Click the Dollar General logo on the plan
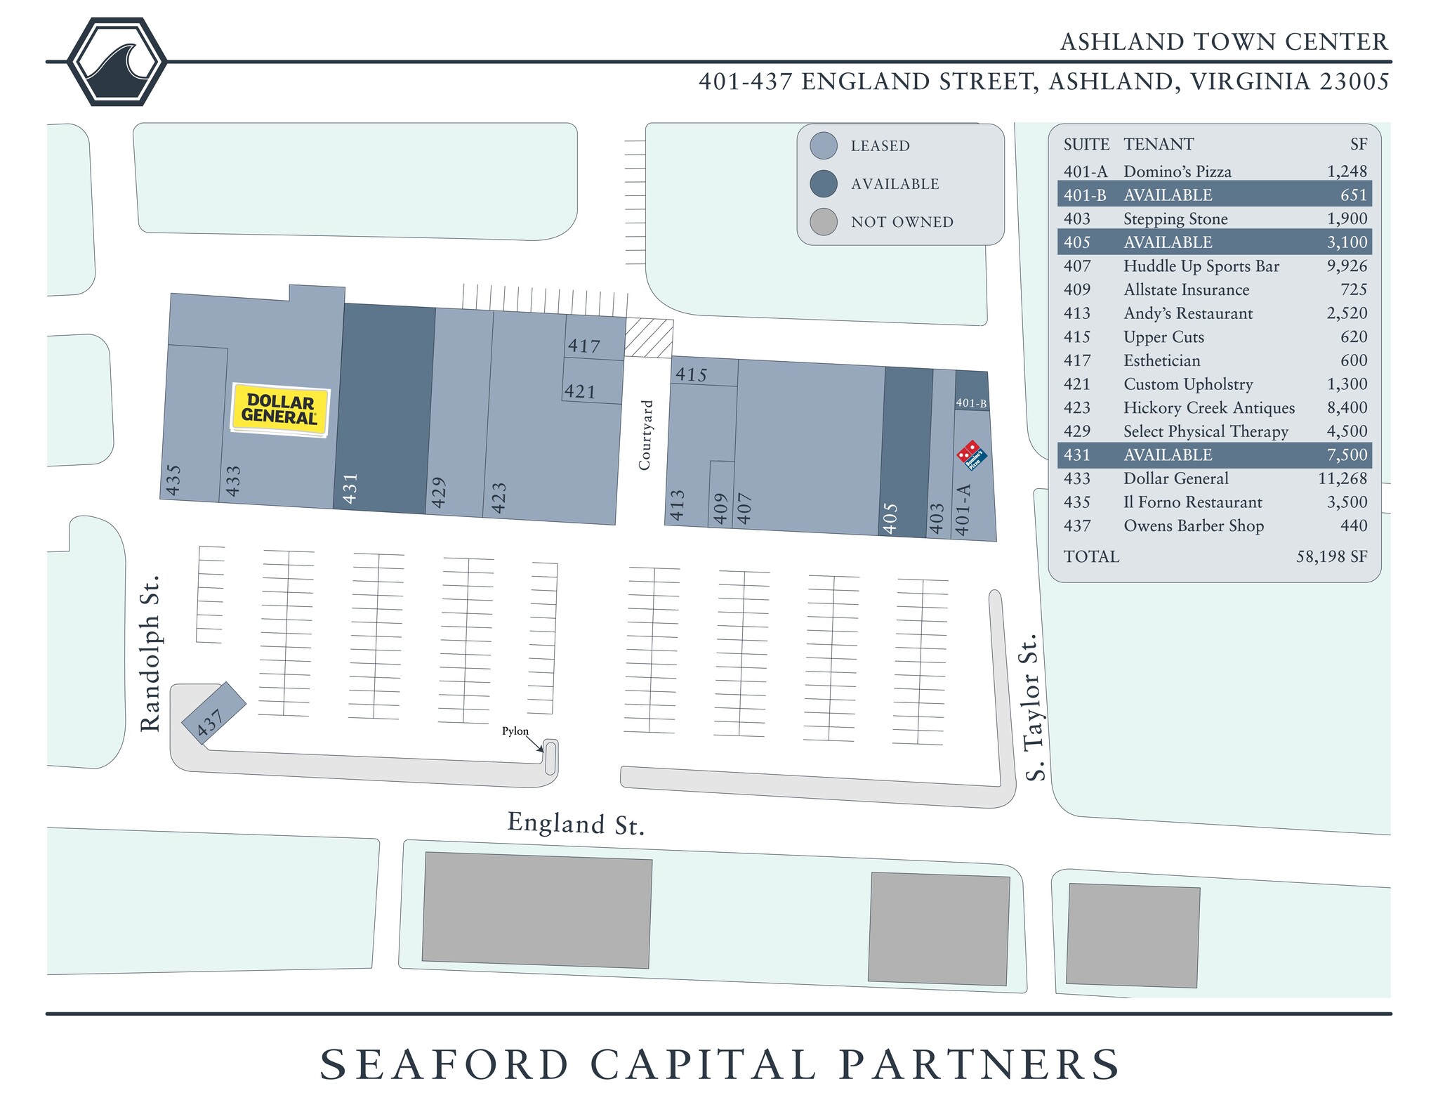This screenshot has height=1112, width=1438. (280, 410)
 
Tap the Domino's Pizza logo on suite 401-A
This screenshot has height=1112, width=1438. (972, 454)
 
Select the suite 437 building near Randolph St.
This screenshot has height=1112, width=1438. (213, 713)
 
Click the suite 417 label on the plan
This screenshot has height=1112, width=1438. (584, 346)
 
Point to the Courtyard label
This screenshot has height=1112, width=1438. (645, 435)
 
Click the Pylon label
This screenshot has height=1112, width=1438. (515, 731)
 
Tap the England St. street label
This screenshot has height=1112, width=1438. (576, 823)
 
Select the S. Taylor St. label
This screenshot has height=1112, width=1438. (1031, 707)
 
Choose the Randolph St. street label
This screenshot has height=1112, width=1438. (150, 653)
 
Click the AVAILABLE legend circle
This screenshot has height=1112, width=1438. (823, 184)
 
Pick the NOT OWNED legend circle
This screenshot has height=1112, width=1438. (823, 222)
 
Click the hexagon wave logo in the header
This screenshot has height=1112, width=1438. (117, 62)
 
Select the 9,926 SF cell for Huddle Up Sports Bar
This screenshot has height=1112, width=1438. (1347, 266)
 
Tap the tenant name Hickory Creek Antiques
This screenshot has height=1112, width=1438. (1208, 408)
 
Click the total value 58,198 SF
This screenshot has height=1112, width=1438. (1331, 557)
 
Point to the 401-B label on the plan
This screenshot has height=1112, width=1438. (971, 403)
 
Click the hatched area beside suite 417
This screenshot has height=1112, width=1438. (649, 339)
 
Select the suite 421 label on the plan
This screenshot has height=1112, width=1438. (580, 391)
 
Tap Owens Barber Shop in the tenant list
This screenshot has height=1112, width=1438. (1193, 526)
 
